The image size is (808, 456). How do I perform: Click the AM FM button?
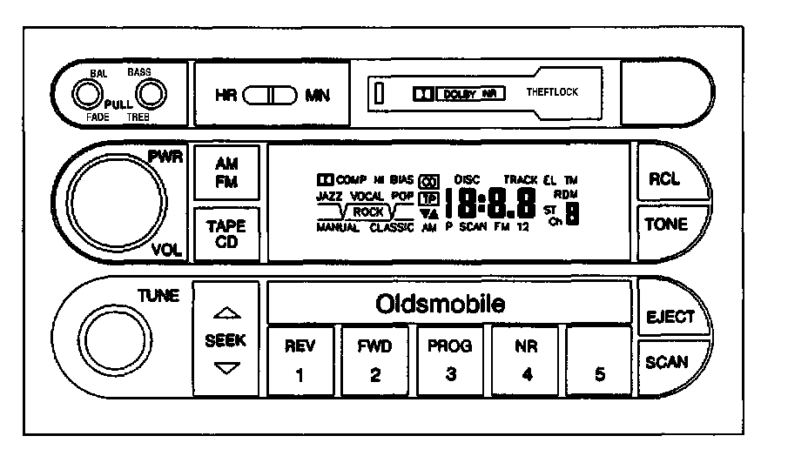pyautogui.click(x=226, y=172)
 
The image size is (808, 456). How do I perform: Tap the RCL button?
pyautogui.click(x=664, y=178)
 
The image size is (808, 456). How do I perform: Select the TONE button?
pyautogui.click(x=665, y=225)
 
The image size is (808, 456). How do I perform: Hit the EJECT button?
pyautogui.click(x=670, y=317)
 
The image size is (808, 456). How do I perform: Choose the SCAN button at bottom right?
pyautogui.click(x=666, y=362)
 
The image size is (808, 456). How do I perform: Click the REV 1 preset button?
pyautogui.click(x=299, y=359)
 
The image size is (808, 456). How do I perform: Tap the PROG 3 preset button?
pyautogui.click(x=449, y=359)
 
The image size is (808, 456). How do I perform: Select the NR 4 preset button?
pyautogui.click(x=525, y=359)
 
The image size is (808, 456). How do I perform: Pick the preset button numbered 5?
pyautogui.click(x=599, y=359)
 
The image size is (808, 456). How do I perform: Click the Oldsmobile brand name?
pyautogui.click(x=440, y=305)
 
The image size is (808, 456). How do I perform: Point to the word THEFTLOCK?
pyautogui.click(x=552, y=92)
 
